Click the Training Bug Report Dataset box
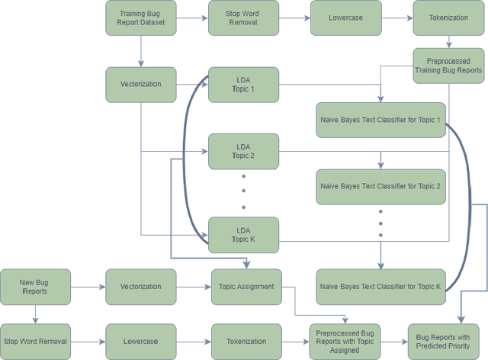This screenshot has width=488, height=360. (140, 18)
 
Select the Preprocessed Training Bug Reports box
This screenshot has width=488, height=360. (448, 66)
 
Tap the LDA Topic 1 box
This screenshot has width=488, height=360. (243, 84)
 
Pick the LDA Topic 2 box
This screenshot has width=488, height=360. (243, 151)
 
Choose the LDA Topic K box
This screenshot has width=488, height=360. (243, 234)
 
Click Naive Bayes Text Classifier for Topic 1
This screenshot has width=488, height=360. (380, 119)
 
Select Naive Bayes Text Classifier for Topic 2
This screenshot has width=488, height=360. (380, 186)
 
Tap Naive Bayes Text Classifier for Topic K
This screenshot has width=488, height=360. (380, 287)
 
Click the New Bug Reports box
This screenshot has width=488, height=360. (34, 287)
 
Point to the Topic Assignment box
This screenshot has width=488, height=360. (246, 287)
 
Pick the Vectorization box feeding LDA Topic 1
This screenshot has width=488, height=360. (140, 84)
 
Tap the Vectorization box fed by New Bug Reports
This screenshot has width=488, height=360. (140, 287)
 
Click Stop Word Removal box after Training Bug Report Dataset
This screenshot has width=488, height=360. (243, 18)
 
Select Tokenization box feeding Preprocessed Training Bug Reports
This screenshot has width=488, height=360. (448, 18)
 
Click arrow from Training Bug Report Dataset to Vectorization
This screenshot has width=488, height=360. (140, 51)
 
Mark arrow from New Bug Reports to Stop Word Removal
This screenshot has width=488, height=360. (34, 313)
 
